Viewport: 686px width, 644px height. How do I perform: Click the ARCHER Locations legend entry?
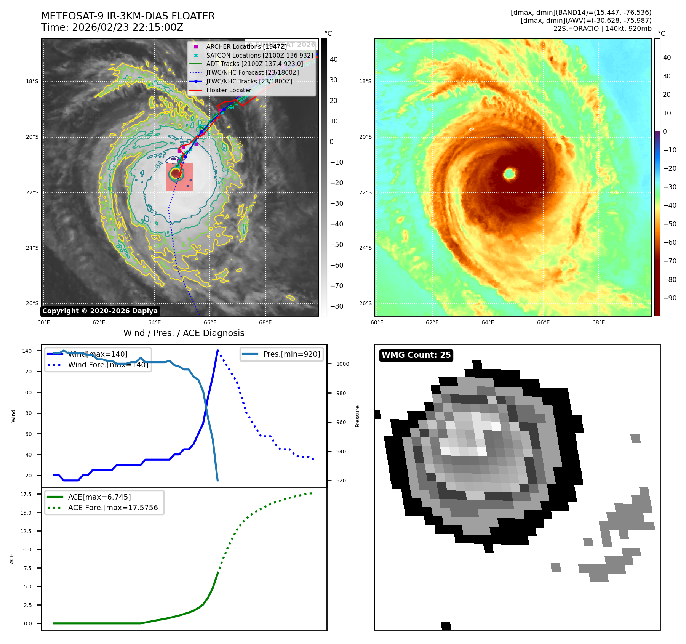tap(246, 46)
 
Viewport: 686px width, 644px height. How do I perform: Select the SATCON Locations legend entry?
tap(259, 55)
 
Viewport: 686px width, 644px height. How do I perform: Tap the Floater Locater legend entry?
tap(229, 90)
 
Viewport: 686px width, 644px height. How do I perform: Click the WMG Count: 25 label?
tap(416, 355)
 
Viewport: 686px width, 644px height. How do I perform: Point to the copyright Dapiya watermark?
tap(100, 311)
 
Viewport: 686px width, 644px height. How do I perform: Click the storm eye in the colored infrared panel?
tap(509, 174)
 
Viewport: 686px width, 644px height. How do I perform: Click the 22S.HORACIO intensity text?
tap(602, 29)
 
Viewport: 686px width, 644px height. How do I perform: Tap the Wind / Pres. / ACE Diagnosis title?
tap(184, 333)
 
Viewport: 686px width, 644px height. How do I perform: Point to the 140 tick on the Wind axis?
tap(27, 351)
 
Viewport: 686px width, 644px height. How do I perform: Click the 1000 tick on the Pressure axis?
tap(342, 364)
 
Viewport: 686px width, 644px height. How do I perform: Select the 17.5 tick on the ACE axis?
tap(26, 494)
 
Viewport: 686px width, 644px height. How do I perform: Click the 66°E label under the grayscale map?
tap(210, 322)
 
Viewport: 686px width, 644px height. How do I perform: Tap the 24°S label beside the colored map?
tap(365, 248)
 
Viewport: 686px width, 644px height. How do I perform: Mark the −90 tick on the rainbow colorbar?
tap(670, 298)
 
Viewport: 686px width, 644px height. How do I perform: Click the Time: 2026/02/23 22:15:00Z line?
tap(112, 27)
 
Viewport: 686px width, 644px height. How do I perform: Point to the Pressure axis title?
tap(357, 416)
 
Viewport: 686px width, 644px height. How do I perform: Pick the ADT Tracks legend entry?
tap(254, 64)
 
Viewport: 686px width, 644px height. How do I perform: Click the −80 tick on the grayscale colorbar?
tap(336, 306)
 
